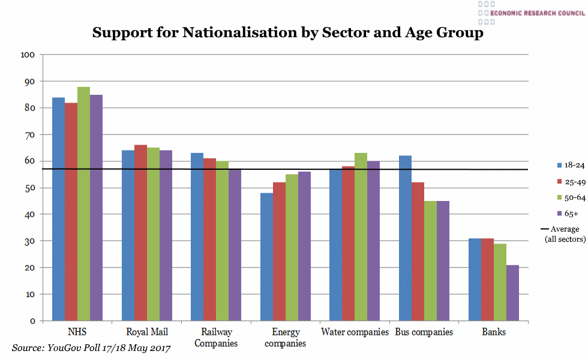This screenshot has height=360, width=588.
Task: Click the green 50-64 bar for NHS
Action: tap(83, 204)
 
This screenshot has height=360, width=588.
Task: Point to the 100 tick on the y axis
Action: tap(28, 55)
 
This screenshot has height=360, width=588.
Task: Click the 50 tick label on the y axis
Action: tap(29, 188)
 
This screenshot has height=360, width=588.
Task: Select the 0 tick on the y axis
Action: tap(32, 321)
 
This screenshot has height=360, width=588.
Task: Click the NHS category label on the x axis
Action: tap(77, 332)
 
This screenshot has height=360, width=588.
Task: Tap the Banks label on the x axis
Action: tap(494, 332)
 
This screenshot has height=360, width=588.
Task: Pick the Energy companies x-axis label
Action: tap(286, 338)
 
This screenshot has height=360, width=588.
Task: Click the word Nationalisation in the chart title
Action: tap(251, 32)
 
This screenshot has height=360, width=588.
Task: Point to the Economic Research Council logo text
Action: tap(537, 13)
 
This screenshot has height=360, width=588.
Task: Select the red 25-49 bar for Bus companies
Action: tap(418, 251)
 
